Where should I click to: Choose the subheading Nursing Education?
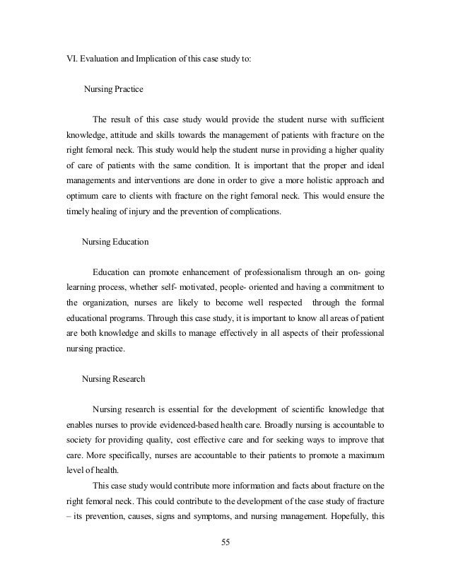pyautogui.click(x=115, y=241)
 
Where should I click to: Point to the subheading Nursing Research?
pyautogui.click(x=114, y=378)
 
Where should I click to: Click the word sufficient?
pyautogui.click(x=363, y=118)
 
